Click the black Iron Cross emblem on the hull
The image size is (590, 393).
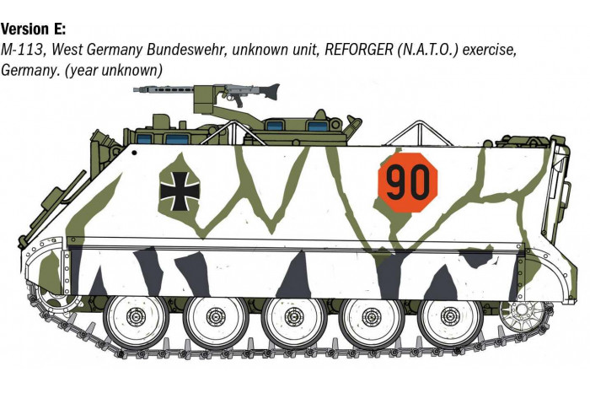179,191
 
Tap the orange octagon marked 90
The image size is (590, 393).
407,180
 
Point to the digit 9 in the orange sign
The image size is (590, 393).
397,180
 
